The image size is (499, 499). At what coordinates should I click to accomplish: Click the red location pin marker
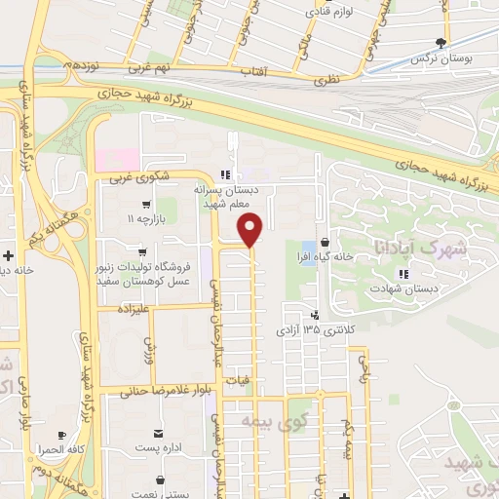point(251,232)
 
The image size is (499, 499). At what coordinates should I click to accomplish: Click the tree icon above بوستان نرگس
point(443,42)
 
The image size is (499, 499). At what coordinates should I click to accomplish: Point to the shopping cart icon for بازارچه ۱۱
point(145,205)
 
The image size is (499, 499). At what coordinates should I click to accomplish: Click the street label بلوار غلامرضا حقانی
point(162,392)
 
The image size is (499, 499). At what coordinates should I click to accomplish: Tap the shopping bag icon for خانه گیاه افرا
point(325,244)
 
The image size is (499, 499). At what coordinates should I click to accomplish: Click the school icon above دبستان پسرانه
point(225,175)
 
